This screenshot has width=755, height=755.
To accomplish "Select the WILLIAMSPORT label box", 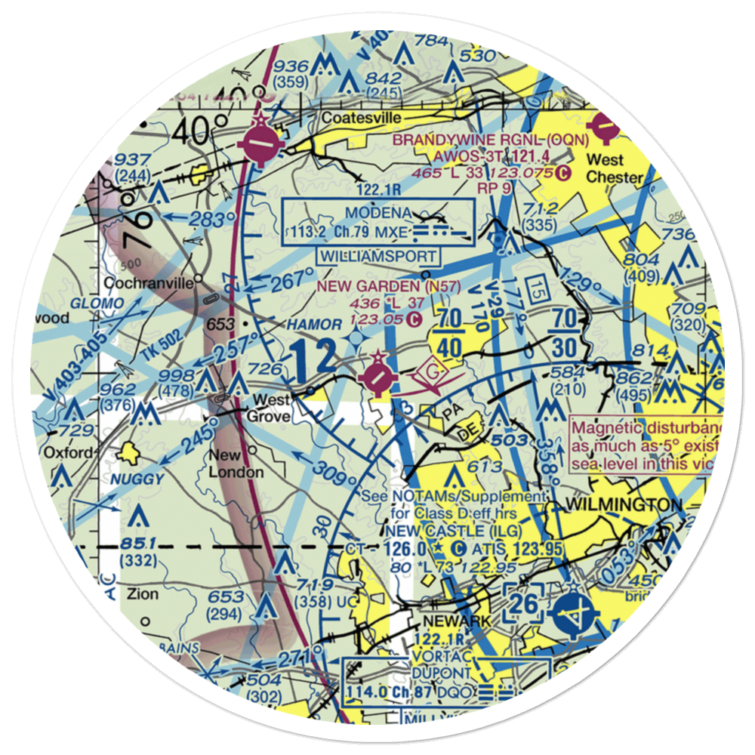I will point(379,256).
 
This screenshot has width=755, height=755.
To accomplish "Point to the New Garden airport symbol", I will point(377,374).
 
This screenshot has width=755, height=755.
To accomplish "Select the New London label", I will point(236,464).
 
